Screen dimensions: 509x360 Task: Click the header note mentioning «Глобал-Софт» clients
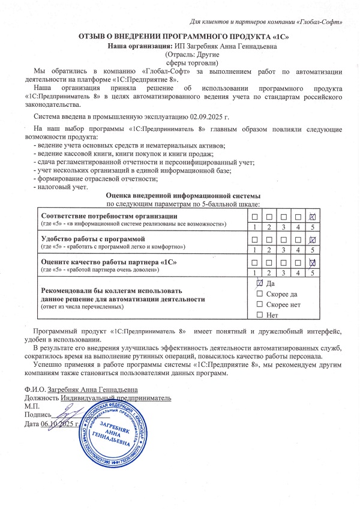coord(266,22)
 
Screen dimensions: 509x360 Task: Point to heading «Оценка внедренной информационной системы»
coord(183,196)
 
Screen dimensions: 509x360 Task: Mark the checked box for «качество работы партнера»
coord(312,263)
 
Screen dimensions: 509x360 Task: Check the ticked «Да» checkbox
coord(260,283)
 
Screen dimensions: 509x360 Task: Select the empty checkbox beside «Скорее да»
coord(260,294)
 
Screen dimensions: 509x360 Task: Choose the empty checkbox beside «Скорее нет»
coord(260,304)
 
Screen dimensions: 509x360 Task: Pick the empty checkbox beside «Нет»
coord(260,315)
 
